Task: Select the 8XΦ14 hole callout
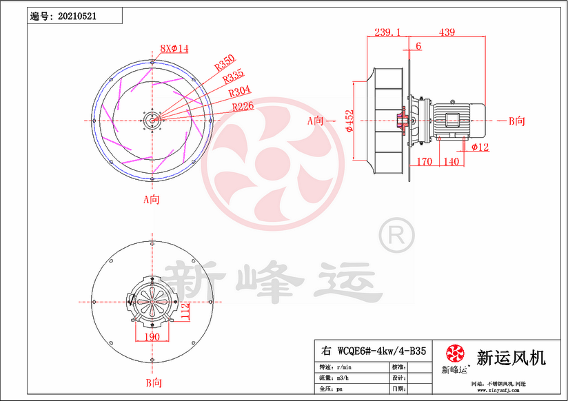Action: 174,48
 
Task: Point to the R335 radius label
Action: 234,77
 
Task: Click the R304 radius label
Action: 239,91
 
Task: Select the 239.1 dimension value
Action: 389,32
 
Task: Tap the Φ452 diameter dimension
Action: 349,121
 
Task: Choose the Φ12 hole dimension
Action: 480,147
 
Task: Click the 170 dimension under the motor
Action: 425,162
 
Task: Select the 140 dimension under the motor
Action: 451,162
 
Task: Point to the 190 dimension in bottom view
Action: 152,337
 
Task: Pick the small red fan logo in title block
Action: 454,353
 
